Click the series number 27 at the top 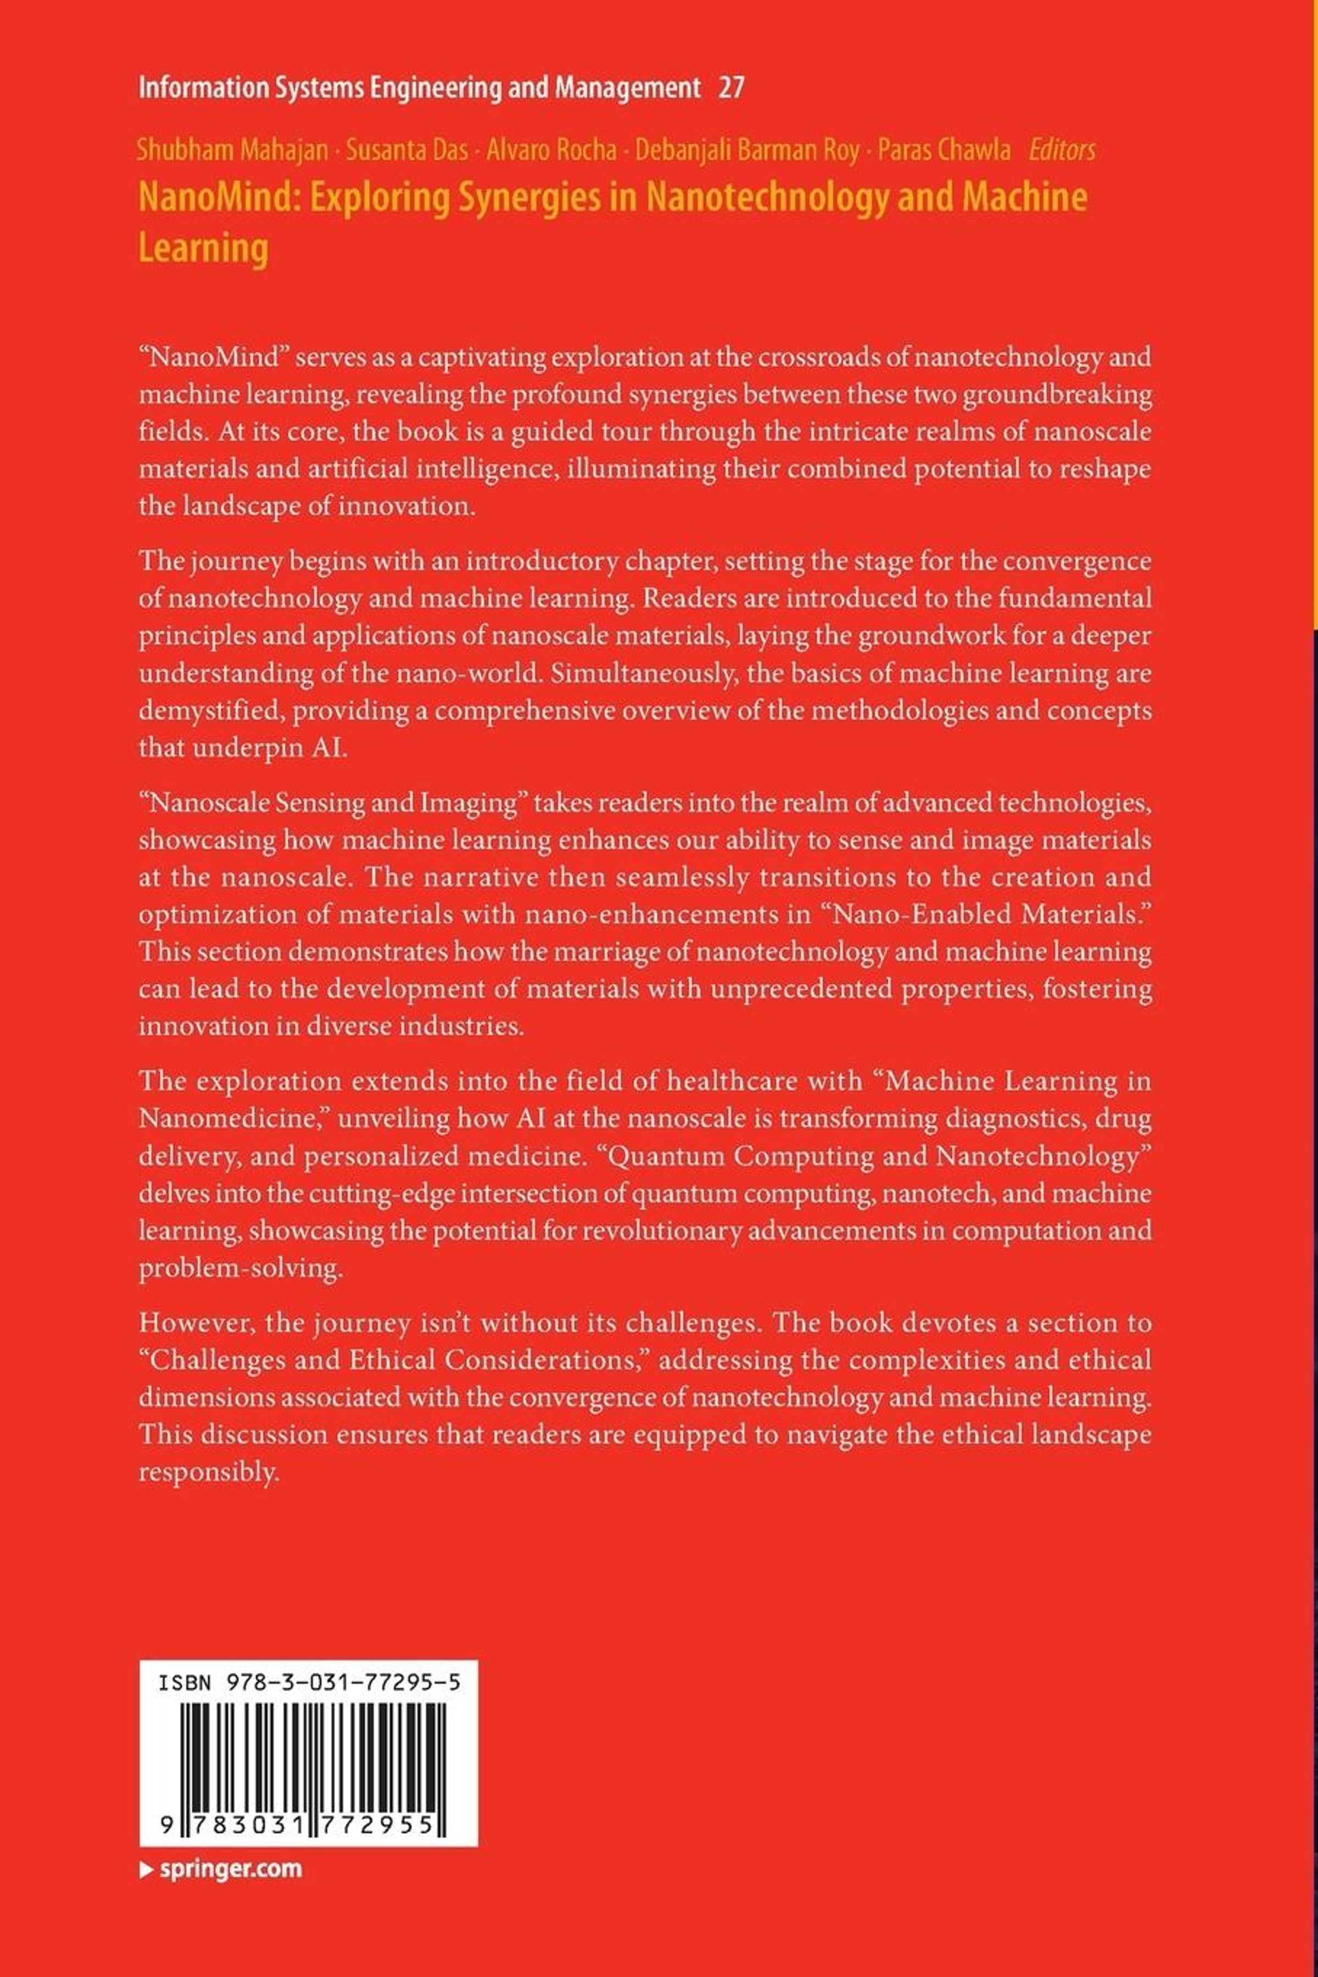[x=730, y=87]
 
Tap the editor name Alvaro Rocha [x=551, y=151]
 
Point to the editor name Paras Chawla [x=944, y=151]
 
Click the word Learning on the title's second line [x=203, y=249]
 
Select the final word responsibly [x=208, y=1472]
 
